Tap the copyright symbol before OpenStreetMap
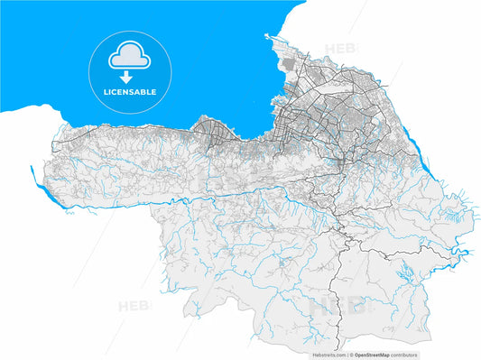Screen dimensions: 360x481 (x=352, y=355)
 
